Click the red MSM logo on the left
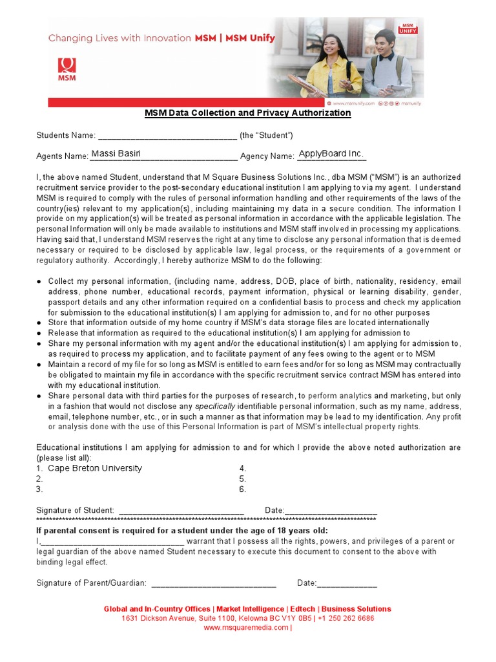pos(67,69)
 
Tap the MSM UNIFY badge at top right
pos(408,27)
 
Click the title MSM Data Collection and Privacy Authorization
pos(247,113)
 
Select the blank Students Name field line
pos(167,136)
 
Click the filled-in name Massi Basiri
pos(116,154)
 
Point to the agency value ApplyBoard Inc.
pos(331,154)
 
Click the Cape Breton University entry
pos(95,468)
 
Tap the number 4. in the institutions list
pos(243,468)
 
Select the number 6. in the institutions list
pos(243,489)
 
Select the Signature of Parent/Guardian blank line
pos(213,584)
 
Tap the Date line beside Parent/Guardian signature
pos(347,584)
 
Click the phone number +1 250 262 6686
pos(346,618)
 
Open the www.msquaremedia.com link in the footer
pos(247,627)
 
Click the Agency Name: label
pos(267,156)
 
